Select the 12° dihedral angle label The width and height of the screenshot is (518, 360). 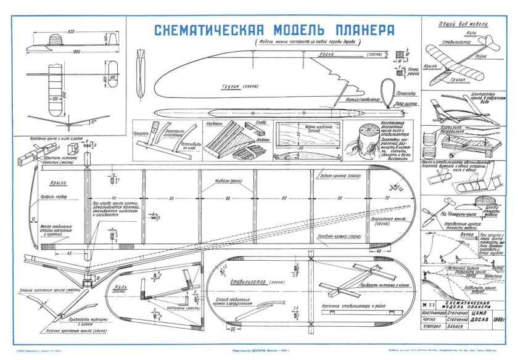(x=94, y=122)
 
